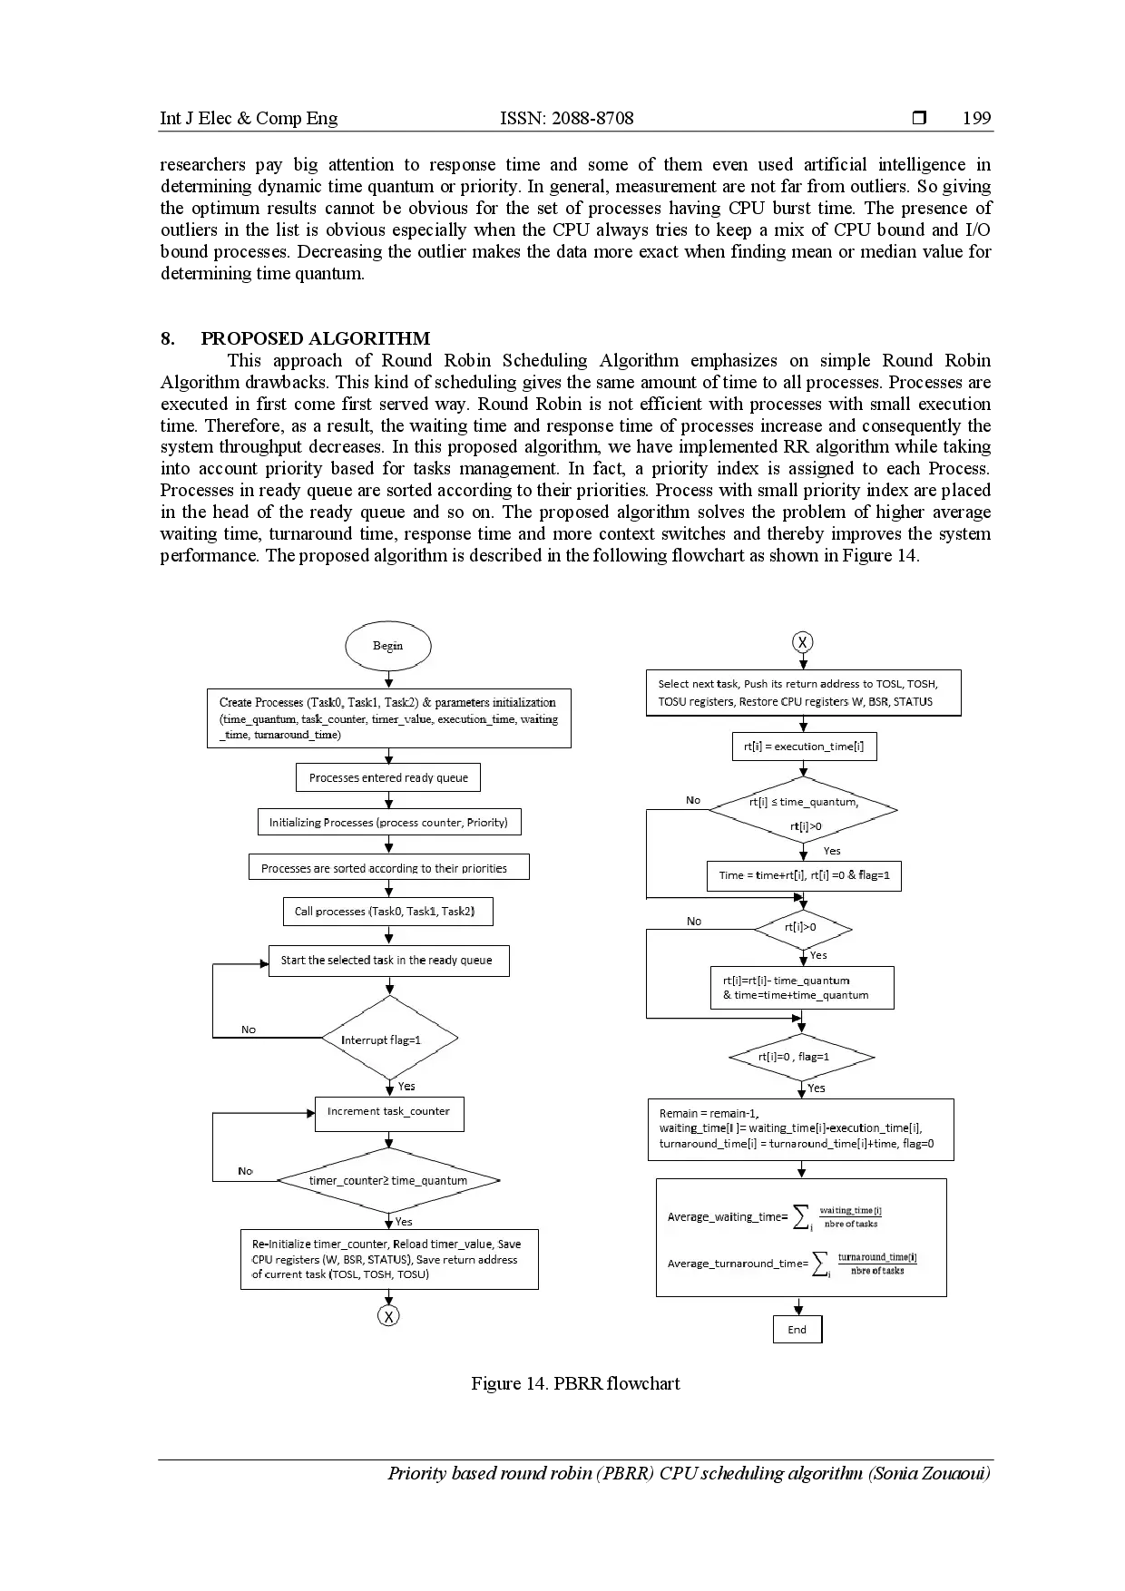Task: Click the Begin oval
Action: tap(387, 646)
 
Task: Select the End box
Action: tap(797, 1330)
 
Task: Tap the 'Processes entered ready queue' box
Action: tap(388, 777)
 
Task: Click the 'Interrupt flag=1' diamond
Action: tap(389, 1040)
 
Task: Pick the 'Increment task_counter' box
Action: tap(388, 1112)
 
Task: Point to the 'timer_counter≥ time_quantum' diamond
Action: tap(388, 1180)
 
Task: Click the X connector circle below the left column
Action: tap(388, 1316)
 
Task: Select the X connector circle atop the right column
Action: tap(802, 642)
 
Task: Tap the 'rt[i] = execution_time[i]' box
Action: tap(804, 747)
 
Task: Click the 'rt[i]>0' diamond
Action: tap(802, 928)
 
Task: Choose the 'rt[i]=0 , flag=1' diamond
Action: tap(801, 1057)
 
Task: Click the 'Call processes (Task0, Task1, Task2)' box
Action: tap(387, 912)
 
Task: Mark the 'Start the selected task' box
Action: tap(388, 961)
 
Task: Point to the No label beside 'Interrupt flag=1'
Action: tap(249, 1030)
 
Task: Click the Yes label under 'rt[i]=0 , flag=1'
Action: tap(817, 1088)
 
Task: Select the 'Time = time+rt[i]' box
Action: tap(804, 875)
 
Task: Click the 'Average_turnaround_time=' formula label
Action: tap(738, 1264)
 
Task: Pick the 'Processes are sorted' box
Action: tap(388, 867)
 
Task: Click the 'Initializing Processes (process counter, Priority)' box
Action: tap(388, 823)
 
